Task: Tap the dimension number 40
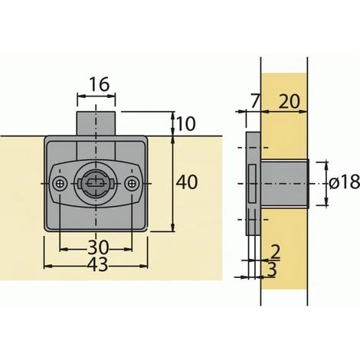pos(187,182)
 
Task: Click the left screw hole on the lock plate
pos(61,182)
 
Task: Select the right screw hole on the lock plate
pos(133,182)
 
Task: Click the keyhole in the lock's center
pos(97,182)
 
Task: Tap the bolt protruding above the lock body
pos(97,123)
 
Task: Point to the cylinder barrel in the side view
pos(284,182)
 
